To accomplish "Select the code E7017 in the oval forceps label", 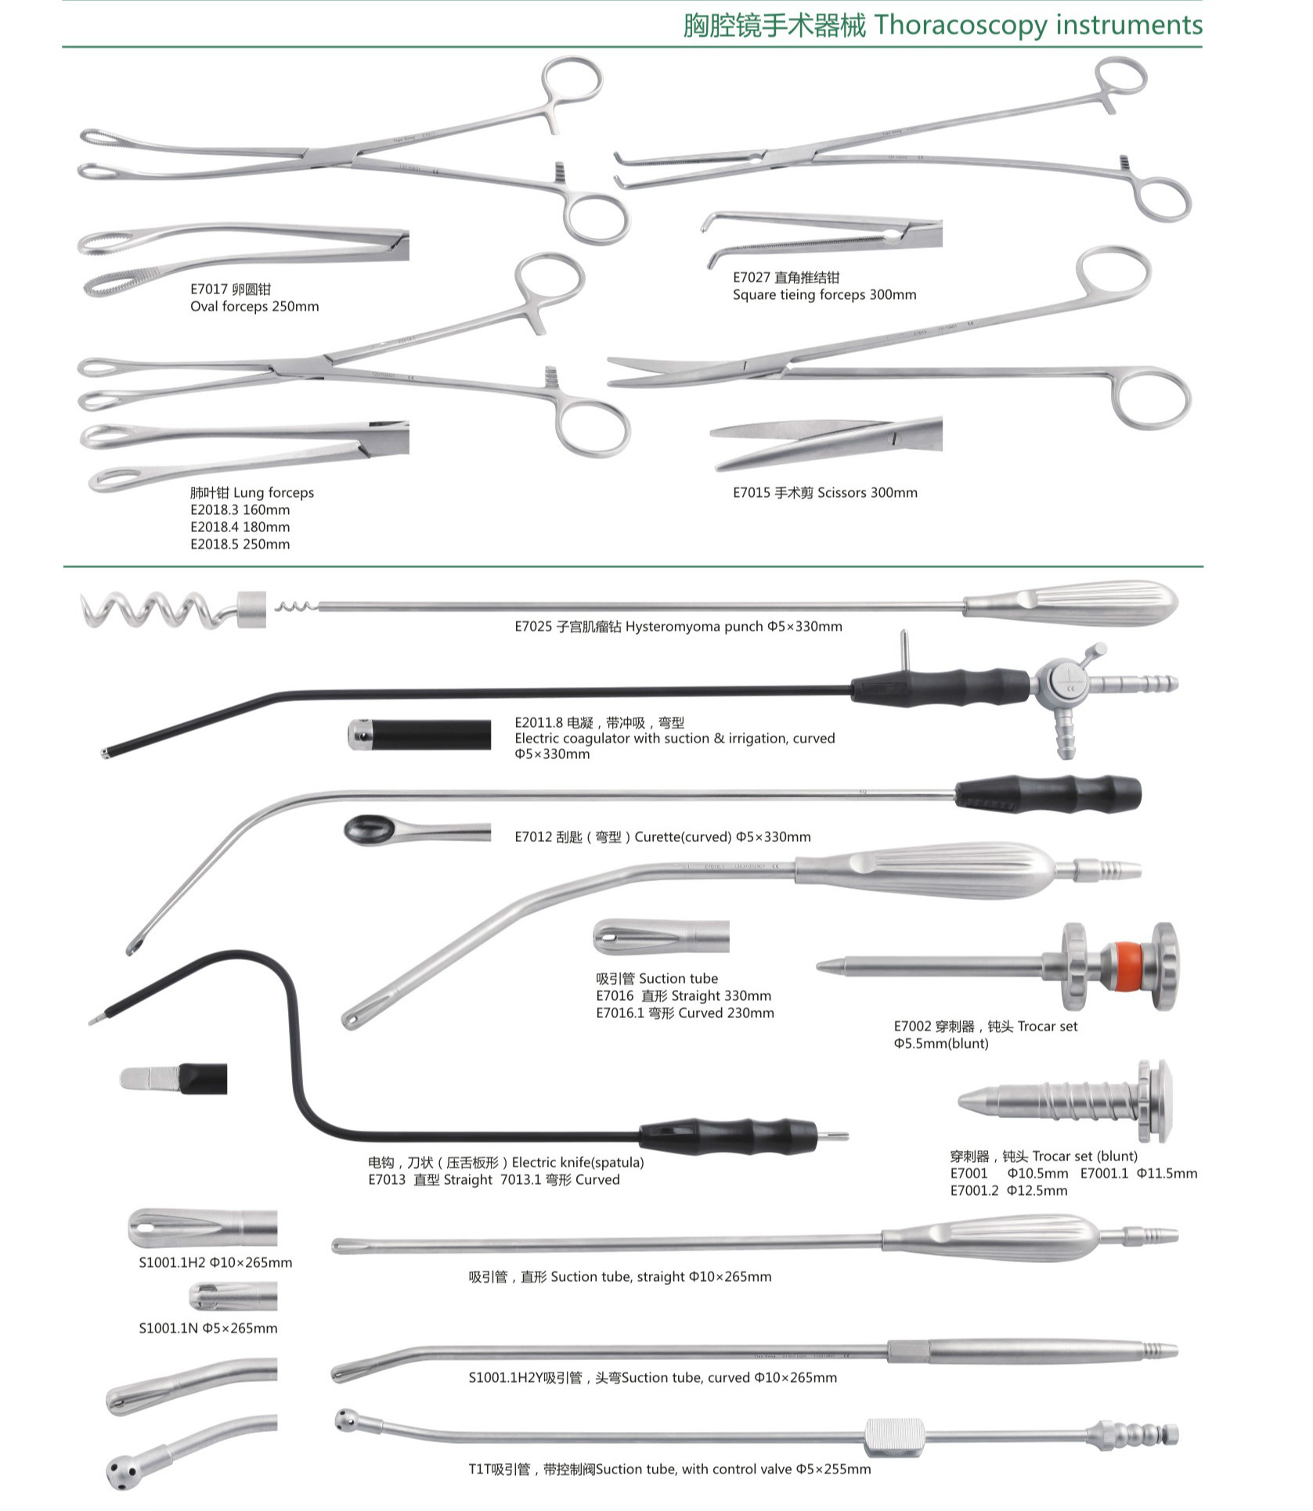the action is pos(209,290).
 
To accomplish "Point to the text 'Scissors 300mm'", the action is pos(868,492).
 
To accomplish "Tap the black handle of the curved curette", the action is pos(1048,793).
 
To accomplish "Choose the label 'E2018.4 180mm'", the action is pos(240,527).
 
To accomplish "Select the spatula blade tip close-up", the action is pos(173,1078).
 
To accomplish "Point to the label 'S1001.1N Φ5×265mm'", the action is pos(208,1328).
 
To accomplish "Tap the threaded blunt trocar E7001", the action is pos(1065,1101).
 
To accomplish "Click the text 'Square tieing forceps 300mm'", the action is pos(824,295).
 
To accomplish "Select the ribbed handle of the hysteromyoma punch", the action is pos(1070,603).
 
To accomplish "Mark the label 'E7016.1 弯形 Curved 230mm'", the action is pos(685,1013).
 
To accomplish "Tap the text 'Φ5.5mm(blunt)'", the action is pos(941,1043).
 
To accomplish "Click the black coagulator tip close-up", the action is pos(420,735).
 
